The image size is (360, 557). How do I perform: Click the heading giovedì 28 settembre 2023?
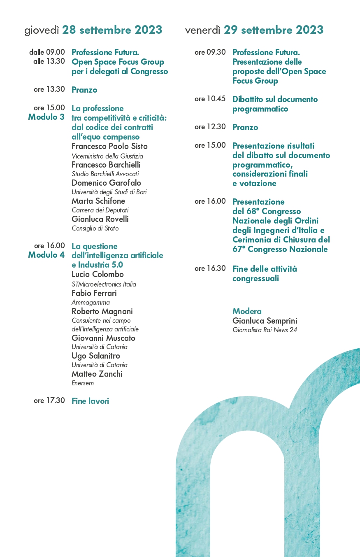tap(93, 30)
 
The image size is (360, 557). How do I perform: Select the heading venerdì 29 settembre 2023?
tap(254, 30)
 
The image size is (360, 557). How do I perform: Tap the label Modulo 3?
tap(46, 117)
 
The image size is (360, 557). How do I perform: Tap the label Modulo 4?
tap(46, 255)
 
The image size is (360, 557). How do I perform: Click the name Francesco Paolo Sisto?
tap(109, 147)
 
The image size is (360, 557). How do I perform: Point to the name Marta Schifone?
tap(98, 201)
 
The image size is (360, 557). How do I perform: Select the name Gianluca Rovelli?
tap(100, 219)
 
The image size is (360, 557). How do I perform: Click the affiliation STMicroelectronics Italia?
tap(104, 284)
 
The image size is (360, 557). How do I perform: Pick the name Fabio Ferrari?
tap(94, 293)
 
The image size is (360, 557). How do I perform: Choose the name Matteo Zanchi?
tap(97, 374)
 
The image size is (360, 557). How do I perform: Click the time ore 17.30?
tap(49, 401)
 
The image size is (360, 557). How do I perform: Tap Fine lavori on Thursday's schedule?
tap(90, 401)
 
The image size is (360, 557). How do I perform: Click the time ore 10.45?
tap(210, 99)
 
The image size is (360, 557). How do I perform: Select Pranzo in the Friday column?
tap(245, 127)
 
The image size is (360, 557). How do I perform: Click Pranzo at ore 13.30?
tap(84, 90)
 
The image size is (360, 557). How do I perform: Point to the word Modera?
tap(247, 311)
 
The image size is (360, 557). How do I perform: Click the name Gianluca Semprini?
tap(265, 321)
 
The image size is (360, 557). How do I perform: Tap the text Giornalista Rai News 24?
tap(265, 330)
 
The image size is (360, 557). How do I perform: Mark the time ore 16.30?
tap(210, 269)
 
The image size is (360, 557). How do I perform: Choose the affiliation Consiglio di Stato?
tap(95, 228)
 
